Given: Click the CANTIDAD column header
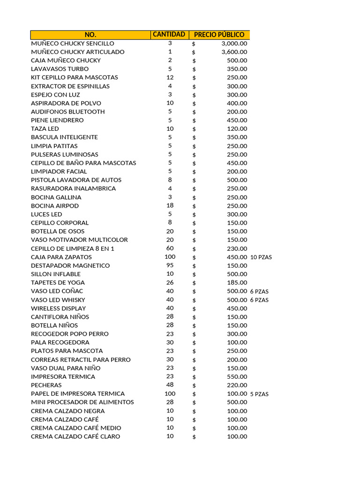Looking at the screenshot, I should pos(169,34).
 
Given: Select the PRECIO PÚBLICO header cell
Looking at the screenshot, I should pos(219,35).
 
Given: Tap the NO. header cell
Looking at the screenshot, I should pos(90,35).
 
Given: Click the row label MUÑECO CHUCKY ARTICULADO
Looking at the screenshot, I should pos(78,52).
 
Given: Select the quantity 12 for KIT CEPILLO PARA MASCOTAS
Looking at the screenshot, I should pos(170,77).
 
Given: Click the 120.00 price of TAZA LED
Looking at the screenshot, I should pos(237,128).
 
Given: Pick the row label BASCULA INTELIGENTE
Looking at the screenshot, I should pos(64,137).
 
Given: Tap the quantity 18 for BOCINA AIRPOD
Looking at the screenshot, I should pos(170,205).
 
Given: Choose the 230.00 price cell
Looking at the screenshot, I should pos(237,248).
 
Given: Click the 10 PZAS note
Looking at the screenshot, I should pos(261,257).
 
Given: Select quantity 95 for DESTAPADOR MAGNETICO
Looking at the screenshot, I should pos(170,265).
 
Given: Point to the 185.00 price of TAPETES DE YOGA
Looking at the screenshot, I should pos(237,283).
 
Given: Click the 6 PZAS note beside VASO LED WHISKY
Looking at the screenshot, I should pos(259,300).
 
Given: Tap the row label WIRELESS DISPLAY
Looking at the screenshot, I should pos(59,308).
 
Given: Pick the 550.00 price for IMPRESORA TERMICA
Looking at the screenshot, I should pos(237,377).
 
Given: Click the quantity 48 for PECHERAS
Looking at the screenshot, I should pos(170,385).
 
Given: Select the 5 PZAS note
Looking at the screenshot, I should pos(259,394).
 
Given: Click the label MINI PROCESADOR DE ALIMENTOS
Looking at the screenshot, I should pos(82,402).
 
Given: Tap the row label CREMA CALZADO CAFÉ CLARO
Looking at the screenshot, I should pos(75,436).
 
